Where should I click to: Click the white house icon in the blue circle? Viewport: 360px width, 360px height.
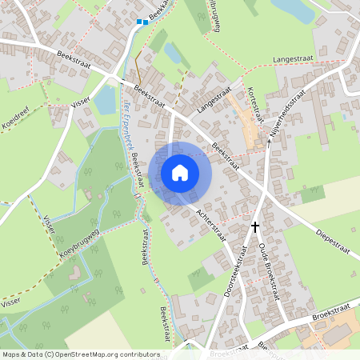point(180,172)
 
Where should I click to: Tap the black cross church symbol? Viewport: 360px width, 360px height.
point(255,227)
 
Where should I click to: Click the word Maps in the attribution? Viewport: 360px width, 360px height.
point(10,354)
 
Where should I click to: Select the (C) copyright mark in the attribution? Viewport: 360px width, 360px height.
point(50,354)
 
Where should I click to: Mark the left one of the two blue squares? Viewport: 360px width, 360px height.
point(138,22)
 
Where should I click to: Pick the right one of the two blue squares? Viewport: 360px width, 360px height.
point(146,22)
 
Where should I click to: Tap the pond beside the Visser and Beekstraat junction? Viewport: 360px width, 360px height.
point(105,100)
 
